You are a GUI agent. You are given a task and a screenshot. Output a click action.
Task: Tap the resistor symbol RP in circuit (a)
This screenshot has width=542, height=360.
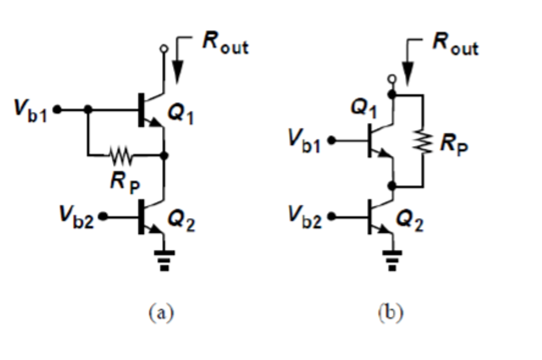coord(121,156)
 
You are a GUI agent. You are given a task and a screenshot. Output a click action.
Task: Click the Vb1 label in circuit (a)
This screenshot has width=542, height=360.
coord(31,111)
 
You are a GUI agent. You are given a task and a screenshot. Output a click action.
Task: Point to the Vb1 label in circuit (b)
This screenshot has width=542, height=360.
coord(304,141)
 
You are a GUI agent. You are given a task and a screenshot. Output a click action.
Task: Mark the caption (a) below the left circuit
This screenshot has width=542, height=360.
coord(161,312)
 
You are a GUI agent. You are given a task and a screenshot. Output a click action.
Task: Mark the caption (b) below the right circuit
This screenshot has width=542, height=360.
coord(391,312)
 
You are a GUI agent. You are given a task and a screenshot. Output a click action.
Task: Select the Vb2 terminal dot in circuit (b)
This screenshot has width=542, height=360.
coord(332,217)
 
